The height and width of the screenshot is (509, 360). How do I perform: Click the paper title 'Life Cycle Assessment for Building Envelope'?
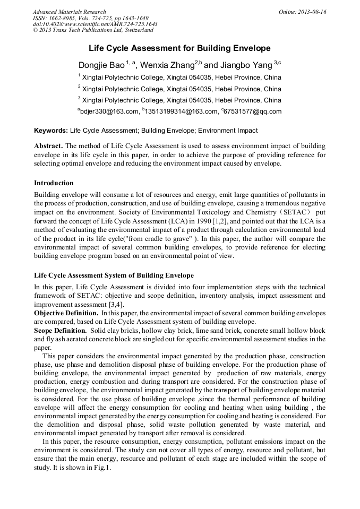[x=179, y=48]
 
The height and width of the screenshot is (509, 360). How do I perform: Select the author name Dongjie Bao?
[x=101, y=65]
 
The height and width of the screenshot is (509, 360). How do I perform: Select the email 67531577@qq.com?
[x=253, y=111]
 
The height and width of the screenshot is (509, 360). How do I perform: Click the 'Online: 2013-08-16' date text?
[x=303, y=12]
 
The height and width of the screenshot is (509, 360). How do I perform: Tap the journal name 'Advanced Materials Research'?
[x=69, y=12]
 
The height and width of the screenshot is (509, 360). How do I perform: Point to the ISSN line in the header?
[x=90, y=18]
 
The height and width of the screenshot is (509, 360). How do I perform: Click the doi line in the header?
[x=95, y=24]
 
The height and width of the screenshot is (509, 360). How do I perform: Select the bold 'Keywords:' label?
[x=51, y=131]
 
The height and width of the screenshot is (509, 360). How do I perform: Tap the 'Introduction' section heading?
[x=54, y=183]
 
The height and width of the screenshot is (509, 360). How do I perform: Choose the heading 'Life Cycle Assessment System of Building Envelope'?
[x=114, y=275]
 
